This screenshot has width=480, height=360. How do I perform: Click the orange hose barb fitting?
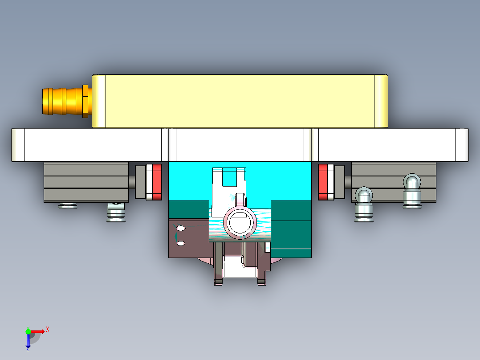coord(65,101)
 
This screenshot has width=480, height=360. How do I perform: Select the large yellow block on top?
coord(240,101)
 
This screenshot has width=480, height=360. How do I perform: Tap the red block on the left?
coord(156,182)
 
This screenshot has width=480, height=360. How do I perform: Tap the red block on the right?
coord(325,182)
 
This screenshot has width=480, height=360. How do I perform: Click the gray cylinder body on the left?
coord(86,182)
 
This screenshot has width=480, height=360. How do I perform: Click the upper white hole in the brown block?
coord(180,229)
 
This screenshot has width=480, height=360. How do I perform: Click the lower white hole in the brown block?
coord(180,243)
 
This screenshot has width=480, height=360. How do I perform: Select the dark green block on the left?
coord(189,209)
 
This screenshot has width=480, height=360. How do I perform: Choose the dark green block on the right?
coord(291,223)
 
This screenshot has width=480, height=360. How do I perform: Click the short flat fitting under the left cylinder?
coord(68,205)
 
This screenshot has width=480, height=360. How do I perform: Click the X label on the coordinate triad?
coord(48,329)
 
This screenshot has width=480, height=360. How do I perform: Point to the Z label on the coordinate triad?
coord(27,350)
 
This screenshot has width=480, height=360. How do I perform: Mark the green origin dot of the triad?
coord(28,331)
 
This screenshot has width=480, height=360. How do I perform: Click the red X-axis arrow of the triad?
coord(38,331)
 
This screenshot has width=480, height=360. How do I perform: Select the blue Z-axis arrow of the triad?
coord(28,341)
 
